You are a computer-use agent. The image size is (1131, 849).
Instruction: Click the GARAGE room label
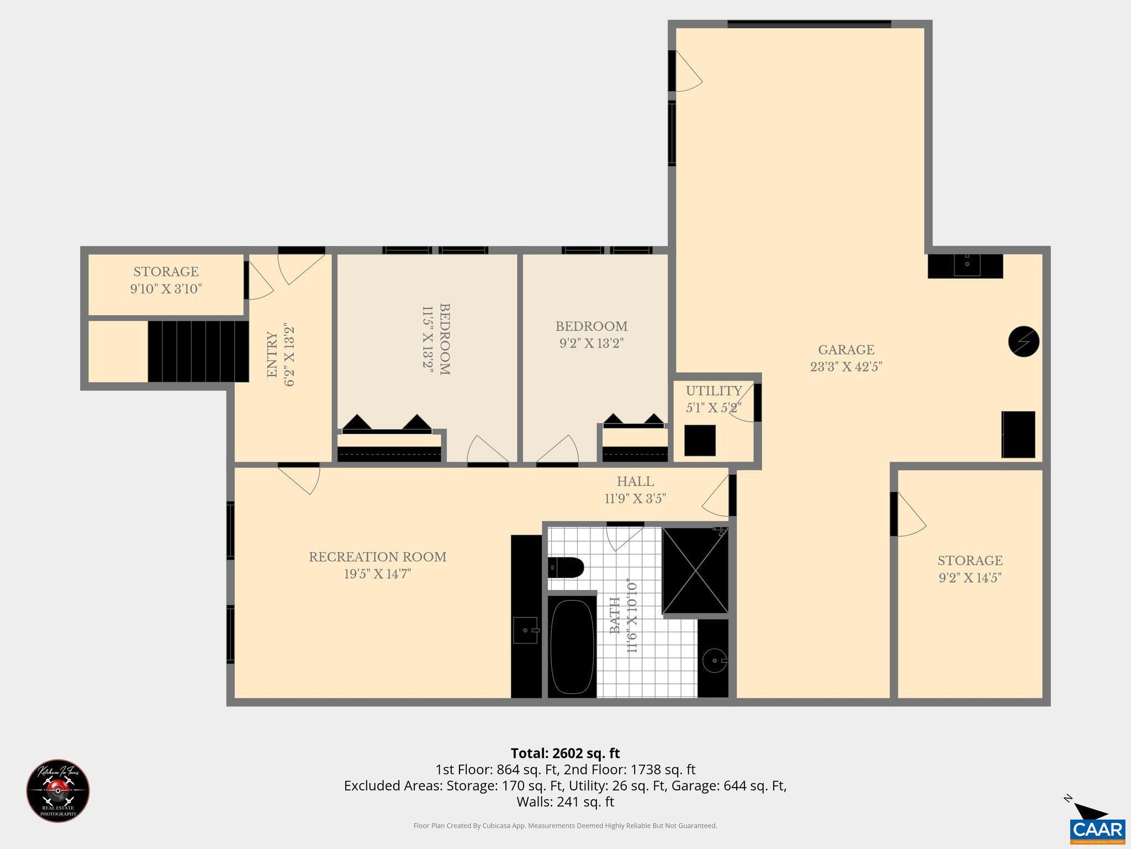tap(846, 350)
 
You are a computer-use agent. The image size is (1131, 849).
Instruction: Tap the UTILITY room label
tap(714, 391)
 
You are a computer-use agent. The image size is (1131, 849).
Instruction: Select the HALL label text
tap(635, 481)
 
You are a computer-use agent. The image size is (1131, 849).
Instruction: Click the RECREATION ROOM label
tap(377, 557)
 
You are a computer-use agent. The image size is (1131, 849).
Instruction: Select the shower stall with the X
tap(695, 570)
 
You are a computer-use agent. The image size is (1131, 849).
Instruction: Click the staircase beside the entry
tap(198, 352)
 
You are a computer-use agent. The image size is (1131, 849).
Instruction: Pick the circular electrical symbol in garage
tap(1023, 342)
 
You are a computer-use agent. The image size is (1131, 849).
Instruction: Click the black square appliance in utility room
tap(700, 441)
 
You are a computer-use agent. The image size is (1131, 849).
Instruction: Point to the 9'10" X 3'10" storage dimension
tap(166, 289)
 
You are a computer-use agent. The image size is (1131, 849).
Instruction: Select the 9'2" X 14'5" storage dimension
tap(970, 578)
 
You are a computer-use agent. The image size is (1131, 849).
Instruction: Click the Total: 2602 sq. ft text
tap(565, 753)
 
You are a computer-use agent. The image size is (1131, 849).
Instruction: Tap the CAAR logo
tap(1097, 829)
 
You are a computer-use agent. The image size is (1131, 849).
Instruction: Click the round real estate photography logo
tap(58, 791)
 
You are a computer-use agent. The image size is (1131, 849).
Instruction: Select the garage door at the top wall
tap(809, 24)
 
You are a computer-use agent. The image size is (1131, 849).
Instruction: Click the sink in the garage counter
tap(967, 265)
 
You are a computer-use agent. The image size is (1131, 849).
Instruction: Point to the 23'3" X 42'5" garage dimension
tap(846, 367)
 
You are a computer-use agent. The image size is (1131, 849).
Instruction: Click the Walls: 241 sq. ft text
tap(565, 802)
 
